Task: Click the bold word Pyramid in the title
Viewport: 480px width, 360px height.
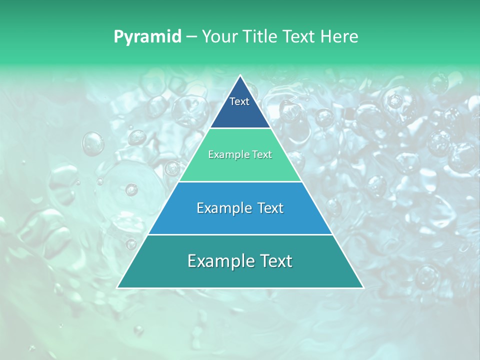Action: pos(147,37)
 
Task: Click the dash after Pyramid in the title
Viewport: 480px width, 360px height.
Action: pos(191,37)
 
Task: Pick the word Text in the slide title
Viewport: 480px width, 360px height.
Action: pos(300,36)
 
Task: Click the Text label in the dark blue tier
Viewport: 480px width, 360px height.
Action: pos(239,101)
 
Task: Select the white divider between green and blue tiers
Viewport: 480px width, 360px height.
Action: pos(240,181)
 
